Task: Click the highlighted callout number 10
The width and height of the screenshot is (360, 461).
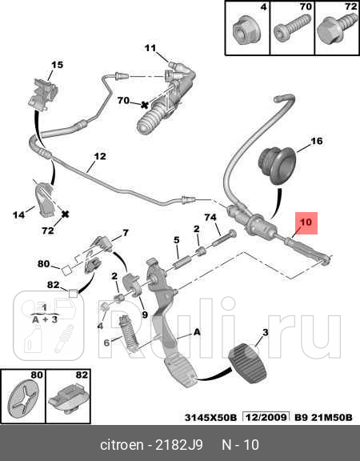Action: pyautogui.click(x=306, y=222)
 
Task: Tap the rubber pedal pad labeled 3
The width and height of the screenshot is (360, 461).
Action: pyautogui.click(x=247, y=363)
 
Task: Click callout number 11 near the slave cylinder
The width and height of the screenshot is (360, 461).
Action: pyautogui.click(x=150, y=48)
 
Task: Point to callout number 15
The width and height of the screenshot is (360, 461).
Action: pyautogui.click(x=57, y=65)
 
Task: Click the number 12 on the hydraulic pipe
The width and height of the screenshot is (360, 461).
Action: pyautogui.click(x=100, y=156)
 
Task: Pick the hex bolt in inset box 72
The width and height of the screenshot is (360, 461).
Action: pyautogui.click(x=336, y=29)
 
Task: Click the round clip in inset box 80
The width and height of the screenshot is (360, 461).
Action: pyautogui.click(x=22, y=399)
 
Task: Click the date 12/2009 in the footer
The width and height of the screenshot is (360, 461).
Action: pyautogui.click(x=266, y=417)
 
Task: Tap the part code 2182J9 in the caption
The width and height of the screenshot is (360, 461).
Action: pyautogui.click(x=179, y=445)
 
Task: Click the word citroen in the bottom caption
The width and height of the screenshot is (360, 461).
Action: pyautogui.click(x=122, y=445)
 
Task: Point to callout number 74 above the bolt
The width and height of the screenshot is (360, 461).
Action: pyautogui.click(x=210, y=217)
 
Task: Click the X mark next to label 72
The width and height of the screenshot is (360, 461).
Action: pyautogui.click(x=65, y=214)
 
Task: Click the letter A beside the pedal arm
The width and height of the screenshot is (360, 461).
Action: pyautogui.click(x=197, y=332)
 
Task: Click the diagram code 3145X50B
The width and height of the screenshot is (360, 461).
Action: pyautogui.click(x=210, y=418)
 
